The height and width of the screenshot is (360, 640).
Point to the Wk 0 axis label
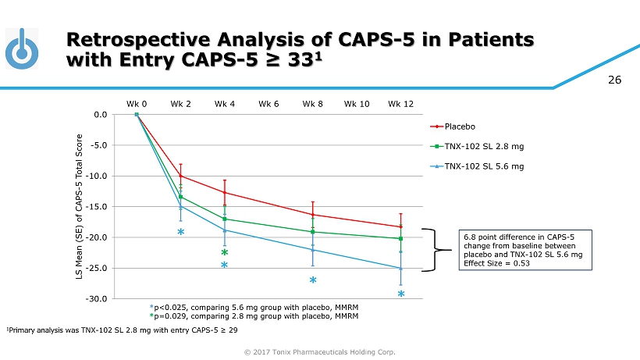[137, 104]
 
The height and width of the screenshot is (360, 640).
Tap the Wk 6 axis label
[269, 104]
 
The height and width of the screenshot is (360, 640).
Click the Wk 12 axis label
[400, 104]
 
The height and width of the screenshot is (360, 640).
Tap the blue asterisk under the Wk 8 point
[312, 280]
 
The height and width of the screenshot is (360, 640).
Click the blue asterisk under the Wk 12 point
[401, 295]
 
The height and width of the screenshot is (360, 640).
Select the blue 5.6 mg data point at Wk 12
[400, 268]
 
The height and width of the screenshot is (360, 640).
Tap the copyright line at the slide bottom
[319, 351]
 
